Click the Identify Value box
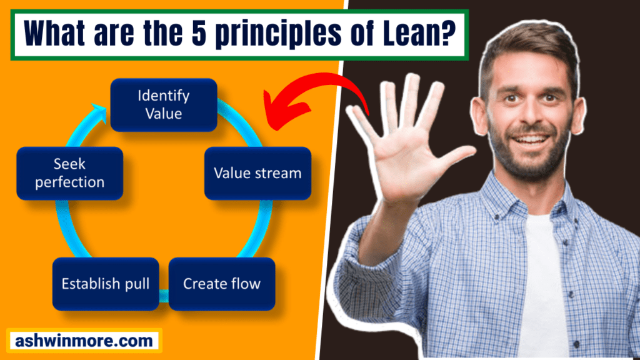click(x=164, y=105)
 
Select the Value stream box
click(x=257, y=173)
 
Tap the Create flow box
click(x=222, y=284)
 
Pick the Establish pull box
click(x=105, y=284)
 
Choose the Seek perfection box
click(x=69, y=173)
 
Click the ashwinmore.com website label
click(x=84, y=341)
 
